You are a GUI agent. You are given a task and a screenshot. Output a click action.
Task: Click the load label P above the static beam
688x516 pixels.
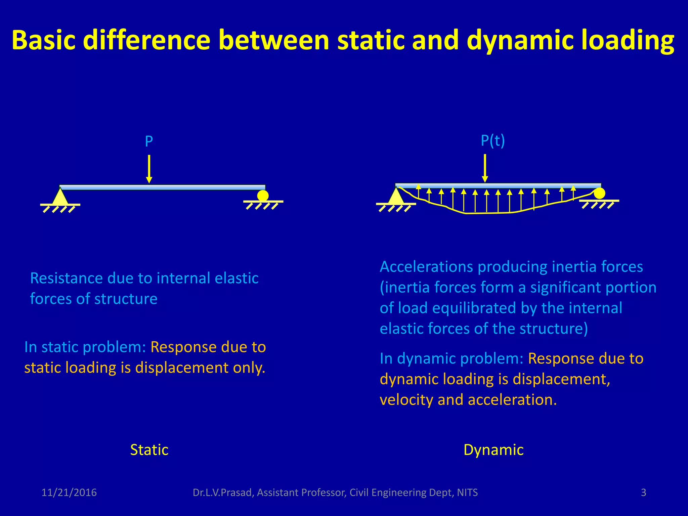point(149,141)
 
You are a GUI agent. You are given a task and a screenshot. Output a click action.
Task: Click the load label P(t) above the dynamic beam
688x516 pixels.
point(492,141)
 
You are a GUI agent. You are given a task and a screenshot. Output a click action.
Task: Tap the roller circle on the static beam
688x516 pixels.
point(263,196)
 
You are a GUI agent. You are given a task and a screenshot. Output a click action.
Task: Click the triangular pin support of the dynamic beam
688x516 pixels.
point(396,197)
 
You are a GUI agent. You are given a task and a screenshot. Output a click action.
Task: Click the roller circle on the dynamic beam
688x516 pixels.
point(599,193)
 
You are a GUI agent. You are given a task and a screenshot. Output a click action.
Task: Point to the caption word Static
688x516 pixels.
point(149,450)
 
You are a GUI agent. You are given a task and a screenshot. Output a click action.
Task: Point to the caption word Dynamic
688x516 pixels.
point(493,450)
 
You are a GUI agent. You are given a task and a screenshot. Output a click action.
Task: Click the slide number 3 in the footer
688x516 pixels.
point(643,492)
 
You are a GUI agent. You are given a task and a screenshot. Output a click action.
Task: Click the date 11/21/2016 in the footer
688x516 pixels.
point(69,492)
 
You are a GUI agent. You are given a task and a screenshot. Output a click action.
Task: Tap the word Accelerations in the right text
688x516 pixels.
point(426,267)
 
